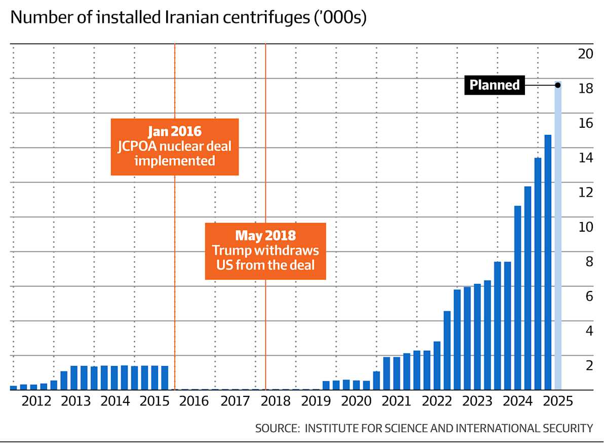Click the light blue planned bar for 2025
(558, 236)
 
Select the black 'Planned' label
(495, 85)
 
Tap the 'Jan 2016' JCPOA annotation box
(175, 147)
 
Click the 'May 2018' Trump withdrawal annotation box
(266, 250)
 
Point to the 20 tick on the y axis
(585, 54)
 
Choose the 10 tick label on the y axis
(585, 227)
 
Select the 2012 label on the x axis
(37, 401)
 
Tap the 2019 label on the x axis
(316, 401)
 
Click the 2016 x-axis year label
(195, 401)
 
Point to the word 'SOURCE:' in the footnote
(277, 428)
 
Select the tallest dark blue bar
(548, 262)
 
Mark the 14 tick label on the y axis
(585, 158)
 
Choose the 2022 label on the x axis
(437, 401)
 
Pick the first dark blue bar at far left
(14, 388)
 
